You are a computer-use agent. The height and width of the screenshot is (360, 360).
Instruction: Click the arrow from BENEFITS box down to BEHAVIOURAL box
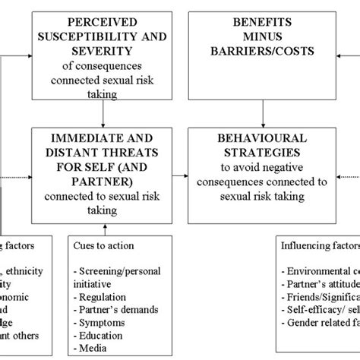(x=262, y=113)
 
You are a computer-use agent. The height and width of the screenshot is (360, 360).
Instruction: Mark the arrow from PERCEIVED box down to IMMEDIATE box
(x=103, y=113)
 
